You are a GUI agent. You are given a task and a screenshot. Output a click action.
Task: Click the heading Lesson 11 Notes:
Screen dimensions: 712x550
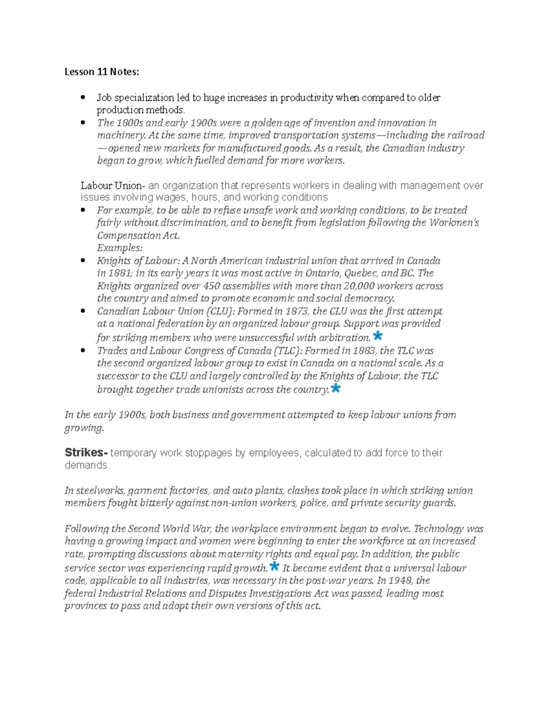(101, 72)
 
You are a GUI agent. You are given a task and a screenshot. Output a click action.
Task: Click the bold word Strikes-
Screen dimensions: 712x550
(86, 453)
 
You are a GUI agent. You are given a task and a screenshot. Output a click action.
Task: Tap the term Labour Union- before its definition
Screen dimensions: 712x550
(113, 186)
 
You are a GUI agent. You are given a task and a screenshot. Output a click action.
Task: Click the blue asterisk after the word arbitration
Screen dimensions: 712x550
(378, 336)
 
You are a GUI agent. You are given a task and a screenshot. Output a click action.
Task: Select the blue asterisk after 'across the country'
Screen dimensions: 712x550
(335, 388)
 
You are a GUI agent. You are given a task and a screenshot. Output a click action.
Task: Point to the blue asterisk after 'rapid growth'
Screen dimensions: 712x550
(274, 566)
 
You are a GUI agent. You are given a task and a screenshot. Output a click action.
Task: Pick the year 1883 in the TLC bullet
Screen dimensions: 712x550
(364, 351)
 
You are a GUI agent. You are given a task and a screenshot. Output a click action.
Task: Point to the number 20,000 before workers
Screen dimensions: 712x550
(359, 286)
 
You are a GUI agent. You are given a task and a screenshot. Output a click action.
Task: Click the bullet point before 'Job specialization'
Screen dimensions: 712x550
(83, 98)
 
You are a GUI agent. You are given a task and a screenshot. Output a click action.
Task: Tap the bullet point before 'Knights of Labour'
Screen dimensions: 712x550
(83, 261)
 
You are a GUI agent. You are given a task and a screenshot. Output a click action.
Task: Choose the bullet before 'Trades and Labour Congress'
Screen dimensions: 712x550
(83, 351)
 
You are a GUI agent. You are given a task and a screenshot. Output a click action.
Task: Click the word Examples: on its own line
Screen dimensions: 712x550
(120, 248)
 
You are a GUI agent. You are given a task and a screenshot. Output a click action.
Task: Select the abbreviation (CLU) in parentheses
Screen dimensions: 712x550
(220, 311)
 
